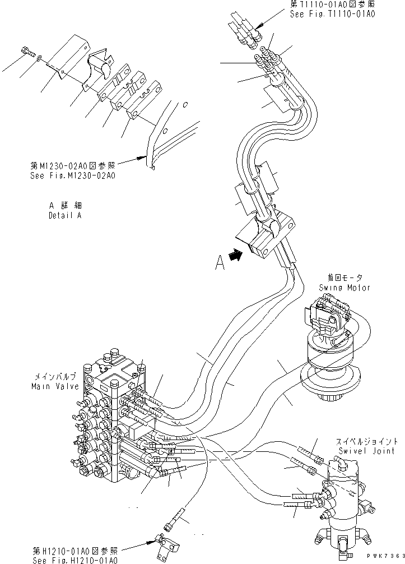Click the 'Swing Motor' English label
click(x=345, y=288)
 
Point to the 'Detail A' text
click(x=64, y=216)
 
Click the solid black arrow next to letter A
click(x=238, y=256)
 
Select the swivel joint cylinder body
click(x=343, y=499)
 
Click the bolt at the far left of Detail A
click(x=27, y=52)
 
